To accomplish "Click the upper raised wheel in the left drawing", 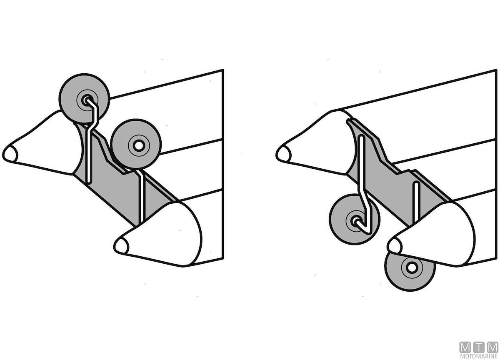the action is [84, 98].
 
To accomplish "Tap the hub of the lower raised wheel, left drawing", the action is [139, 146].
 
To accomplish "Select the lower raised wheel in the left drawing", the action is [136, 144].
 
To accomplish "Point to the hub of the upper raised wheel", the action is [86, 100].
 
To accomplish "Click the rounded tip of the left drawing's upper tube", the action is [10, 154].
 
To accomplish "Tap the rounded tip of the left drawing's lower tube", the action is [121, 245].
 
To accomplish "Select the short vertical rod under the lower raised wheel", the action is [141, 196].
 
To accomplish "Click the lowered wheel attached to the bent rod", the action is [354, 219].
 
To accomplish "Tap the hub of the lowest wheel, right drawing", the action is [412, 267].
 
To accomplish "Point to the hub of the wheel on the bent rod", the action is [355, 221].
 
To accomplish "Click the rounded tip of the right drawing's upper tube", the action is [283, 154].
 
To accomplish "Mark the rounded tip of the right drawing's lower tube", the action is [395, 246].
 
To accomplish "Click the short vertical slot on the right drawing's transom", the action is [416, 202].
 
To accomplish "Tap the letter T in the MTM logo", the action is [479, 348].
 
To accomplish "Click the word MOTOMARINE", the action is [479, 356].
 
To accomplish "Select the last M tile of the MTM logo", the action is [492, 348].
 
